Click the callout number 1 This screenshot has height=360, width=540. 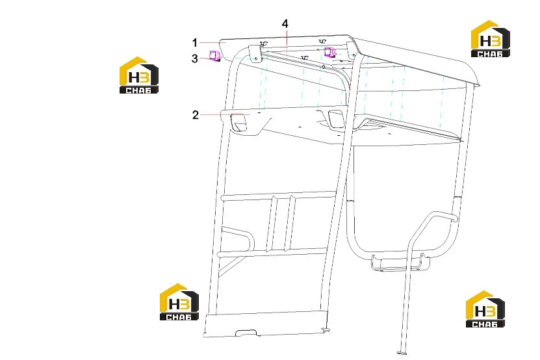pyautogui.click(x=195, y=43)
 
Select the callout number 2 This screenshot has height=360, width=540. pyautogui.click(x=195, y=115)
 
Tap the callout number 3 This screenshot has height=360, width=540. pyautogui.click(x=195, y=58)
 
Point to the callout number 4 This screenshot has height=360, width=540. pyautogui.click(x=285, y=24)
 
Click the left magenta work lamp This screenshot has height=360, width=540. pyautogui.click(x=215, y=56)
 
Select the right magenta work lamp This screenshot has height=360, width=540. pyautogui.click(x=330, y=53)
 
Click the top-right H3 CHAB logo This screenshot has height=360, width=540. pyautogui.click(x=490, y=38)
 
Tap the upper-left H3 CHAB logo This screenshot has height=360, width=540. pyautogui.click(x=139, y=75)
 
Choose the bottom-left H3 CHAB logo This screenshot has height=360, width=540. pyautogui.click(x=179, y=302)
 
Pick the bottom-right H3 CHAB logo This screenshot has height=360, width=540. pyautogui.click(x=485, y=309)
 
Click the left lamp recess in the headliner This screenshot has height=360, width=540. pyautogui.click(x=239, y=122)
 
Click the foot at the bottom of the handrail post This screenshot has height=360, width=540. pyautogui.click(x=402, y=352)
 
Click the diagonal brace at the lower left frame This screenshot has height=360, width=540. pyautogui.click(x=230, y=266)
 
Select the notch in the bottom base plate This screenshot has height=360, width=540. pyautogui.click(x=246, y=333)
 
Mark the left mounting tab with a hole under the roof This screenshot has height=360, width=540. pyautogui.click(x=255, y=54)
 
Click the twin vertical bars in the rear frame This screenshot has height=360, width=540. pyautogui.click(x=281, y=222)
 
